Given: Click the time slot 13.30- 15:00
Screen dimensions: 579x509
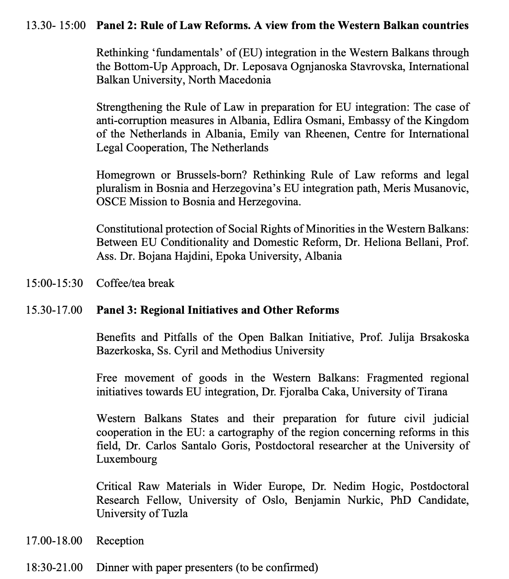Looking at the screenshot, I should (x=56, y=25).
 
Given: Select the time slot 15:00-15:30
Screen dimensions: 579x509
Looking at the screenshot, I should (x=55, y=283).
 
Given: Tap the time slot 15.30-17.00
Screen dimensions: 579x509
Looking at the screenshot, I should (x=55, y=310).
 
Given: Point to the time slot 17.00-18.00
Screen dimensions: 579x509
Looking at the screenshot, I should (x=55, y=541).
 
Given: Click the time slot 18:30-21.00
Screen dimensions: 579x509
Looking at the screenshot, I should (x=55, y=567).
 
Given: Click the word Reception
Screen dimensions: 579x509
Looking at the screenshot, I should (x=120, y=541).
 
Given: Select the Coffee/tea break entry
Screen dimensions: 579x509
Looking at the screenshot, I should (x=135, y=283).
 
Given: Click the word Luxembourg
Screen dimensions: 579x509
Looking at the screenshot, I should (x=127, y=460).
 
